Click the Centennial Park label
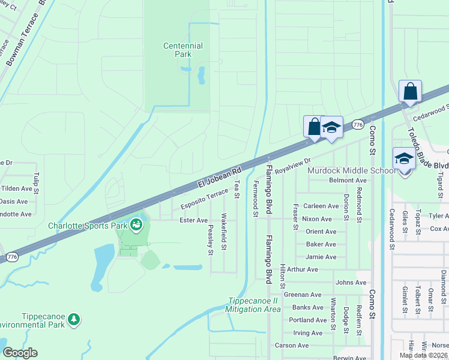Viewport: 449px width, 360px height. (x=183, y=50)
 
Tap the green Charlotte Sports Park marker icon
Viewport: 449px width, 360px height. (x=136, y=225)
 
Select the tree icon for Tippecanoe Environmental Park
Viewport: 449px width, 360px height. (x=74, y=319)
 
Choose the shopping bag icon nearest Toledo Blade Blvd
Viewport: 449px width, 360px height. (x=410, y=92)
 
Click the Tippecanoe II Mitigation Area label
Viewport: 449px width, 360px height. (x=253, y=305)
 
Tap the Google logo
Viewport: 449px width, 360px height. (x=20, y=353)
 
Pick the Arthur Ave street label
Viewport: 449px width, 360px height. (x=303, y=269)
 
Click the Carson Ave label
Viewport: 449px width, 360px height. (x=291, y=345)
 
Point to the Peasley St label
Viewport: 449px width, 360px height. (x=211, y=241)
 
